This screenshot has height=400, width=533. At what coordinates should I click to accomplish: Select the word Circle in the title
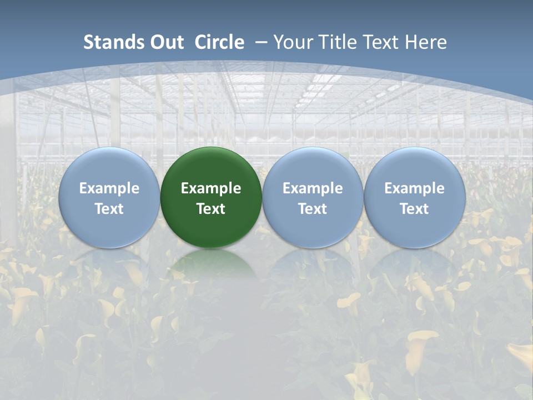(x=219, y=42)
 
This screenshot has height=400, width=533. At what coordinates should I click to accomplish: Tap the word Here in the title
(x=427, y=42)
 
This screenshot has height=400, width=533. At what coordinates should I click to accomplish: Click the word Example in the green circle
(x=211, y=188)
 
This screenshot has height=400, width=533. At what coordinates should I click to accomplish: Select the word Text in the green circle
(x=211, y=209)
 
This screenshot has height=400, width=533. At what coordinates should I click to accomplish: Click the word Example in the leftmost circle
(x=109, y=188)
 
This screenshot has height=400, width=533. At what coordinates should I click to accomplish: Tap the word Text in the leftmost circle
(x=109, y=209)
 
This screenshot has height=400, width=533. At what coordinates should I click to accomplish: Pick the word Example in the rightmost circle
(x=414, y=188)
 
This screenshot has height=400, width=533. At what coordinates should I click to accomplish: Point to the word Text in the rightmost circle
(x=414, y=209)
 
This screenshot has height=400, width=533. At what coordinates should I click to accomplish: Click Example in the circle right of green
(x=313, y=188)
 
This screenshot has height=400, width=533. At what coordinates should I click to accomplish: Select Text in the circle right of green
(x=313, y=209)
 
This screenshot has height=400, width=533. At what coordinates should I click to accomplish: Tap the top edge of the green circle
(x=211, y=148)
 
